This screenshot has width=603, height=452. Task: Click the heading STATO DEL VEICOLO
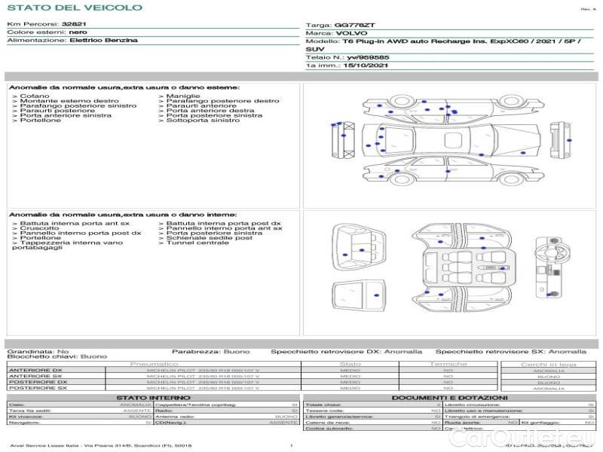tap(75, 8)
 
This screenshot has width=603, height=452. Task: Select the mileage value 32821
tap(75, 24)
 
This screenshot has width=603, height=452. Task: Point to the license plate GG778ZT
tap(369, 25)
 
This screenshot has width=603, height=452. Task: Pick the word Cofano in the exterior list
tap(35, 96)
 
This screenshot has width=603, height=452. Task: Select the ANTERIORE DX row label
tap(35, 371)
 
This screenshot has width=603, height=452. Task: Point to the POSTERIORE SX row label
tap(37, 389)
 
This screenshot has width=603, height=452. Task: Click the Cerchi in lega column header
tap(548, 364)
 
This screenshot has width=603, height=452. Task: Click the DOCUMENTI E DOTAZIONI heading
tap(449, 398)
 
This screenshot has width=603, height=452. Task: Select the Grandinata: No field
tap(38, 351)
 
